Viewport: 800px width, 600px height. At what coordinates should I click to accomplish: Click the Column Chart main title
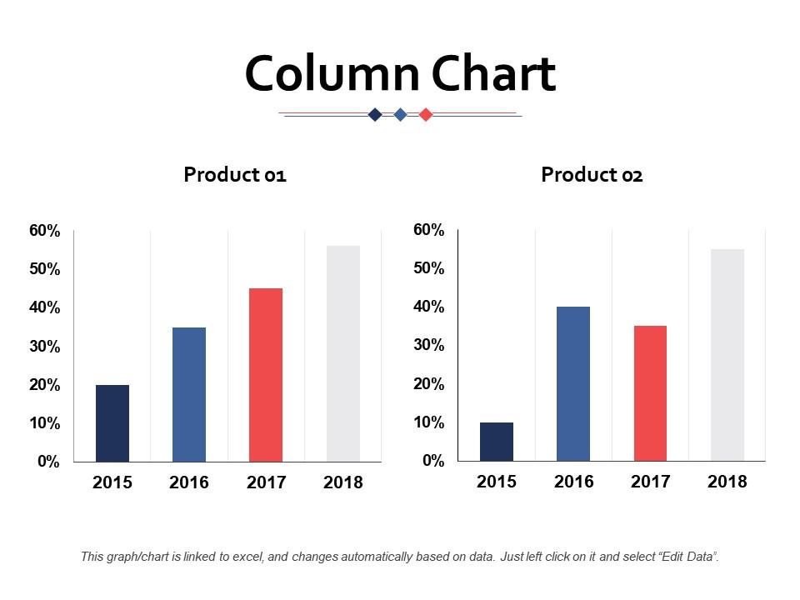tap(400, 74)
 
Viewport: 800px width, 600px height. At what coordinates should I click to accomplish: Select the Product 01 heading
tap(235, 175)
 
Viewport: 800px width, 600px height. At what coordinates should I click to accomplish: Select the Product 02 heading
tap(592, 175)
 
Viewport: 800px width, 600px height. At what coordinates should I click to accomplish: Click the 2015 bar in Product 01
tap(112, 422)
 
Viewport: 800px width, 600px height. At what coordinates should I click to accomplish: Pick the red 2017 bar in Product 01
tap(266, 374)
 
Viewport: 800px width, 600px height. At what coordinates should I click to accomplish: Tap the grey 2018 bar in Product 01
tap(343, 353)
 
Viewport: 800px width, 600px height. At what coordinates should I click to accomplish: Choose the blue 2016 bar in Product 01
tap(189, 394)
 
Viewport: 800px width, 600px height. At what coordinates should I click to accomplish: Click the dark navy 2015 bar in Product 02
tap(497, 442)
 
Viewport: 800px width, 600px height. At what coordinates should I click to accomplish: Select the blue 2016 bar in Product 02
tap(573, 383)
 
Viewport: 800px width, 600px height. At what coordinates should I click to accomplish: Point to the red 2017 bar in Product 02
tap(650, 393)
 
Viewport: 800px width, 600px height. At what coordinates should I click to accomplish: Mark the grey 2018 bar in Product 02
tap(727, 355)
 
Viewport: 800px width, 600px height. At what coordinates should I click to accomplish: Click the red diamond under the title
tap(426, 115)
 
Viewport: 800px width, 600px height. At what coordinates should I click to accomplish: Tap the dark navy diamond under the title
tap(375, 115)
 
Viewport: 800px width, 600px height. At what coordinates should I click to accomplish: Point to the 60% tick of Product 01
tap(45, 232)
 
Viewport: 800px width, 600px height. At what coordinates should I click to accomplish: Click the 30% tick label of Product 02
tap(429, 345)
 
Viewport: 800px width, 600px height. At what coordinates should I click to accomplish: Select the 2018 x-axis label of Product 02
tap(727, 482)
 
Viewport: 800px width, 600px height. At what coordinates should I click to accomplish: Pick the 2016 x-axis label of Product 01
tap(189, 482)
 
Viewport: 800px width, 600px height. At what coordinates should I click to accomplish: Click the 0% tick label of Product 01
tap(49, 462)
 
